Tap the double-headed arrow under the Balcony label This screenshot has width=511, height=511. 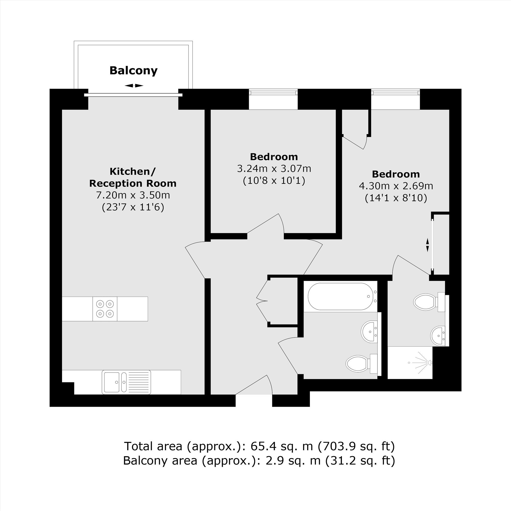click(134, 86)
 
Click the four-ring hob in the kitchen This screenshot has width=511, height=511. click(105, 309)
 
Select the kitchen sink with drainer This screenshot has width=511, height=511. click(126, 382)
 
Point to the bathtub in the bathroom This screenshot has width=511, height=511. click(341, 296)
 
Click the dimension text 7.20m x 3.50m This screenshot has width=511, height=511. click(133, 195)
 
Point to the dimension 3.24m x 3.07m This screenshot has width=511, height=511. click(274, 168)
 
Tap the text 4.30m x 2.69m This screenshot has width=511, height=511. click(396, 186)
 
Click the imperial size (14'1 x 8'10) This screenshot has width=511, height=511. click(396, 198)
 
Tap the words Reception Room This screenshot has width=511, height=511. click(133, 183)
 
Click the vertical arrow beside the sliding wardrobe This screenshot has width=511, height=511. click(427, 245)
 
